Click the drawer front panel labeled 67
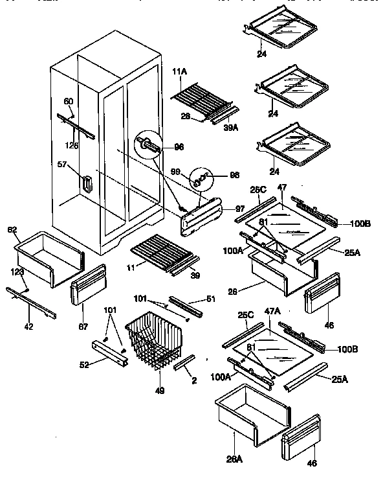[86, 286]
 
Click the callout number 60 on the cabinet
[69, 100]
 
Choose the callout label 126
[72, 146]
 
